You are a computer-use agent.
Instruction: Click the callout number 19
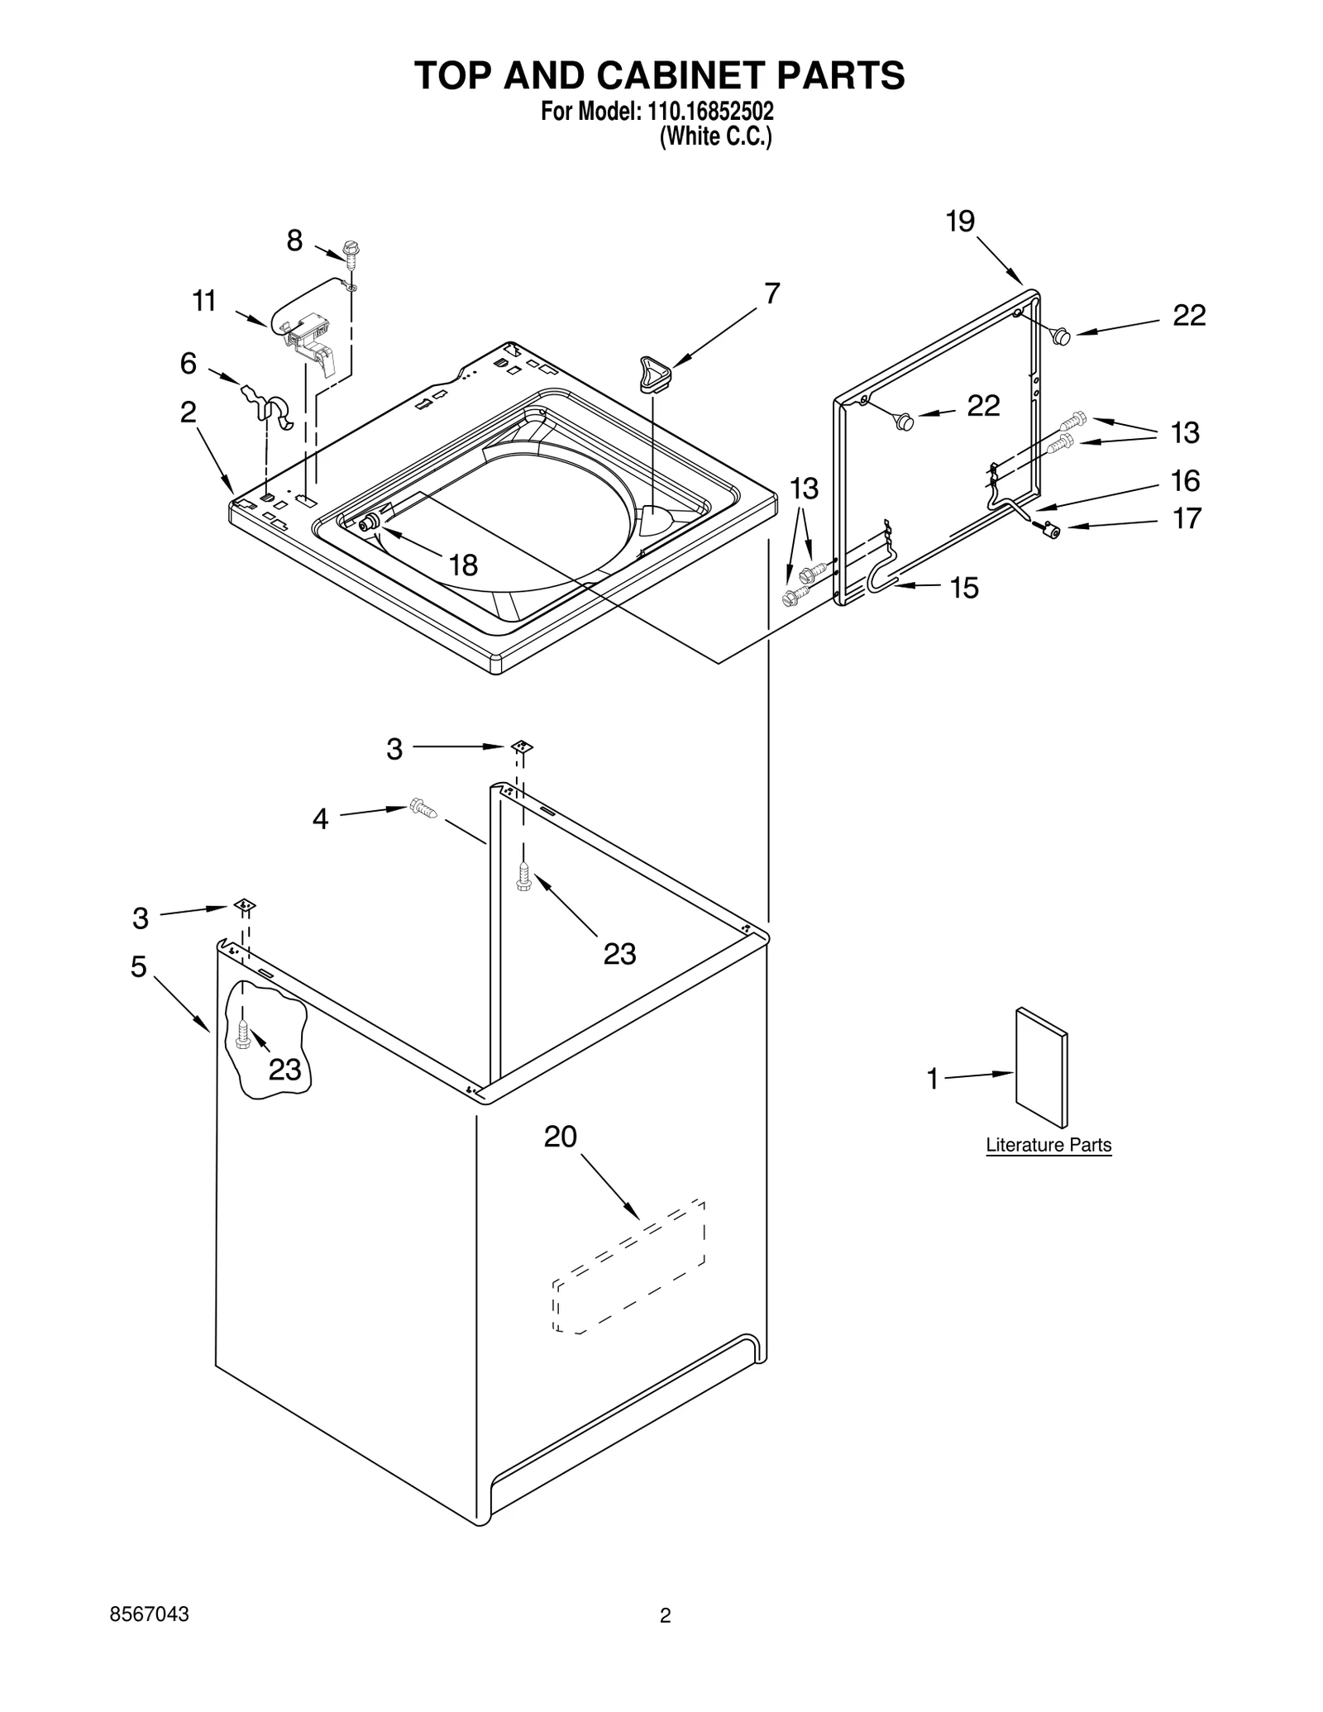tap(960, 222)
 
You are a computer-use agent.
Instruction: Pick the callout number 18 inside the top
tap(463, 565)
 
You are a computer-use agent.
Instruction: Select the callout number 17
tap(1187, 519)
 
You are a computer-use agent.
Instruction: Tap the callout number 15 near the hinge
tap(963, 588)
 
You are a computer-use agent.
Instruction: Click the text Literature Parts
tap(1048, 1145)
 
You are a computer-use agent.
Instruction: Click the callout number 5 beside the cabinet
tap(139, 966)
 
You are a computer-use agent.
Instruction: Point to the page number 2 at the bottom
tap(665, 1638)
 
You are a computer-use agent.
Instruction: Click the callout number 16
tap(1185, 481)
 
